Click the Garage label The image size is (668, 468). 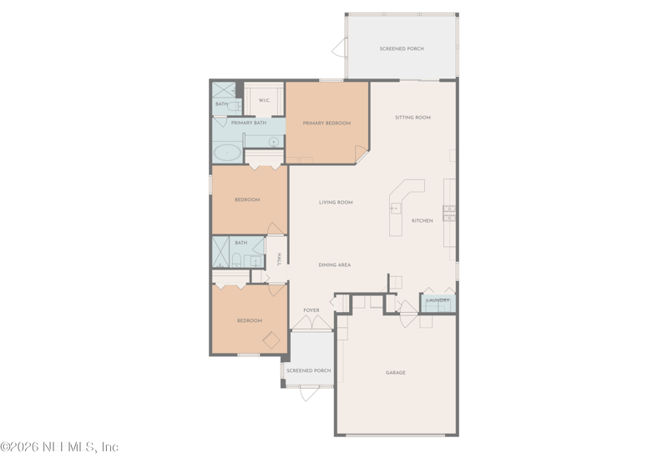point(396,373)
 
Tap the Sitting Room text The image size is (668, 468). point(412,118)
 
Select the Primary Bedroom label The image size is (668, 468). point(326,123)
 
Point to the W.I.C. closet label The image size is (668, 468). point(264,101)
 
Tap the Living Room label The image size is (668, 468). point(336,202)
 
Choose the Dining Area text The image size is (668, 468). point(334,265)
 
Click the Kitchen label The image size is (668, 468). point(423,220)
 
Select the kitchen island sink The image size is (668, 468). point(396,209)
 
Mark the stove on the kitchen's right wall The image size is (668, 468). point(449,212)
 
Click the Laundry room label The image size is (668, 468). point(438,300)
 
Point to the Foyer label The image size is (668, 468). point(311,310)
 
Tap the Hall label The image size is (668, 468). point(279,259)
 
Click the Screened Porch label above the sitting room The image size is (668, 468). point(402,49)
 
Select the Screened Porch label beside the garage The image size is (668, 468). point(309,370)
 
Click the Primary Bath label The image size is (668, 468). point(249,123)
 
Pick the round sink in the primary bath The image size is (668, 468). point(273,142)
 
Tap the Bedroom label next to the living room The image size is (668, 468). point(247,200)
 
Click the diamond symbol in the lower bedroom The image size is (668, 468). point(270,339)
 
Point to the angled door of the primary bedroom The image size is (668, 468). point(362,153)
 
